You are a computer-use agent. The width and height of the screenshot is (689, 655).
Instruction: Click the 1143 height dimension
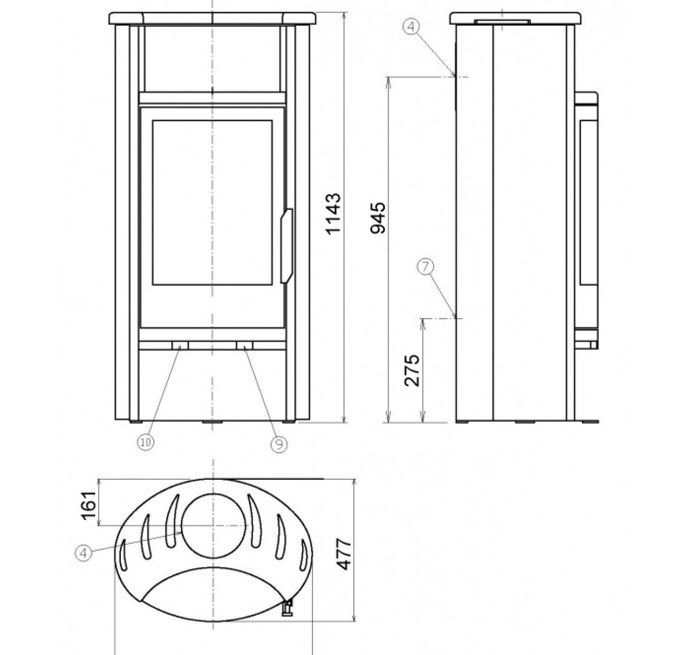(x=333, y=213)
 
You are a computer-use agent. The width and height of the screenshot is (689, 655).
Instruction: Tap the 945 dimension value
(x=378, y=218)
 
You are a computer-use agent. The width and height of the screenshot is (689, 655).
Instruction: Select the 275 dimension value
(x=412, y=370)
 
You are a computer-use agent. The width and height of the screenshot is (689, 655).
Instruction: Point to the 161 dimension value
(x=88, y=506)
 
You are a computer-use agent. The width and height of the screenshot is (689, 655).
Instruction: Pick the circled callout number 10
(x=145, y=442)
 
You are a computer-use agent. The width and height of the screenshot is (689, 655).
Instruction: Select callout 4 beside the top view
(x=84, y=553)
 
